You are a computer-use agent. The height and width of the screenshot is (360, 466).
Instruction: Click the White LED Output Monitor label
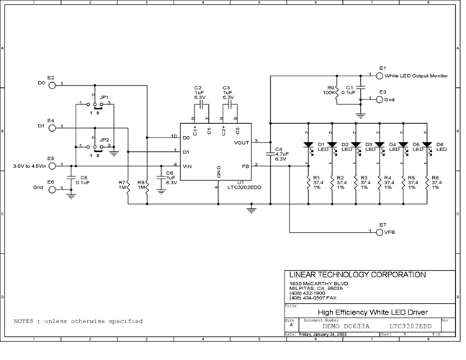[416, 75]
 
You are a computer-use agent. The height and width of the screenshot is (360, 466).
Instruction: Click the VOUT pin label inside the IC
[242, 143]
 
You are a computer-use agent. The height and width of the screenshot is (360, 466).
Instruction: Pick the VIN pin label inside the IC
[187, 166]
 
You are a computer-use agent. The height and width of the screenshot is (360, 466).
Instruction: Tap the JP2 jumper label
[104, 140]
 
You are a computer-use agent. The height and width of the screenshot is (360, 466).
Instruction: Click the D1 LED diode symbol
[308, 145]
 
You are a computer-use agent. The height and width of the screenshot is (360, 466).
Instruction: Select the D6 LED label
[441, 147]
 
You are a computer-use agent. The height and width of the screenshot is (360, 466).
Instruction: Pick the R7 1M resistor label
[122, 185]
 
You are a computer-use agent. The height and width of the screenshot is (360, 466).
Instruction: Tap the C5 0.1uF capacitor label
[84, 180]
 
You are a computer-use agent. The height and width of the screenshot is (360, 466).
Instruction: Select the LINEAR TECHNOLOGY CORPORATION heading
[357, 275]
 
